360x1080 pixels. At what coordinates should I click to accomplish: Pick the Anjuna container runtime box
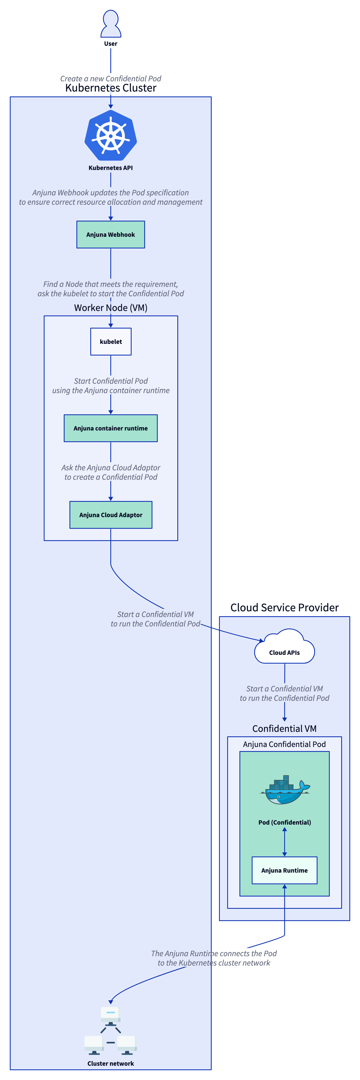111,428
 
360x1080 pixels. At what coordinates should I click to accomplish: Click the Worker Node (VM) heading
111,308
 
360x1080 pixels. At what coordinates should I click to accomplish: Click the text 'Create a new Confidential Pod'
111,78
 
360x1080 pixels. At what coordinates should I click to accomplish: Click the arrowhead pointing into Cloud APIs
262,640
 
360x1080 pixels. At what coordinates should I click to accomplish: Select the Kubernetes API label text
111,168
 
